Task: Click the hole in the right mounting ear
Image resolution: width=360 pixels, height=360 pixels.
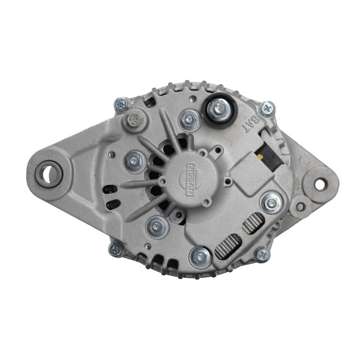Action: [320, 184]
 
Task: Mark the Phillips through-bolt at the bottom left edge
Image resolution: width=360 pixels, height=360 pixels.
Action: [116, 248]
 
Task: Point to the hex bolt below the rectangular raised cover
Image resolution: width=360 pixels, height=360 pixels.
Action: [271, 203]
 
